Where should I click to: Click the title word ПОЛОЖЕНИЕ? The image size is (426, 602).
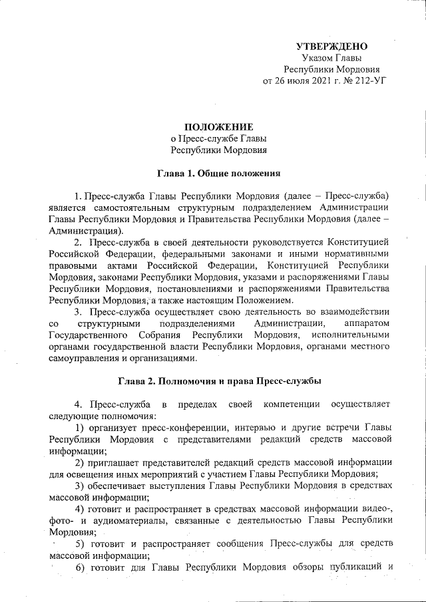219,126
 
